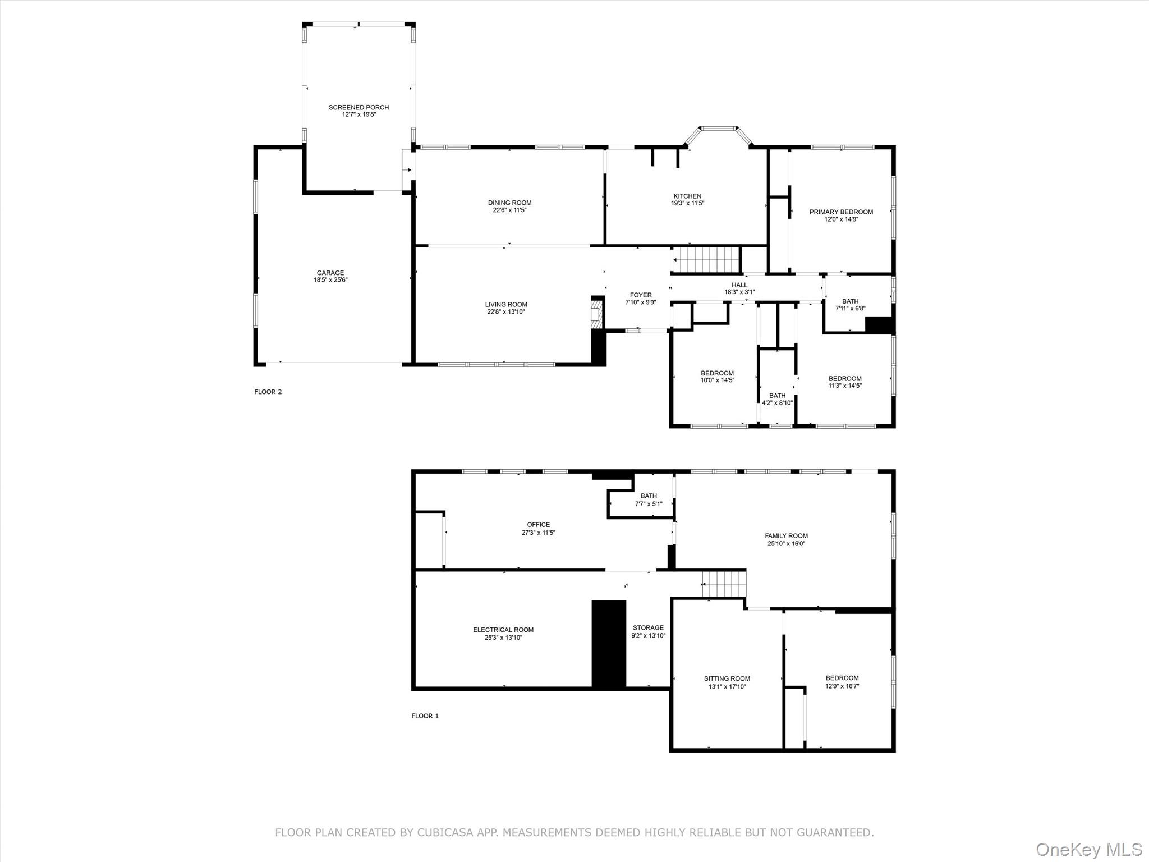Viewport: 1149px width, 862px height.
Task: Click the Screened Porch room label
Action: pyautogui.click(x=359, y=107)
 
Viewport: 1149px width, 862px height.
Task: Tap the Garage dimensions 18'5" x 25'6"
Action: pyautogui.click(x=330, y=280)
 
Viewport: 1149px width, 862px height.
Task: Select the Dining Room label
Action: pyautogui.click(x=509, y=203)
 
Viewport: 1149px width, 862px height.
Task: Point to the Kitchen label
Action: pyautogui.click(x=687, y=196)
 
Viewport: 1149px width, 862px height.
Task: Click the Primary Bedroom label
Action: pyautogui.click(x=841, y=212)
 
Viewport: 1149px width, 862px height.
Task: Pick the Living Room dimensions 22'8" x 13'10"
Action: pyautogui.click(x=506, y=312)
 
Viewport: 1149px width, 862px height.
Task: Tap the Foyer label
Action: pyautogui.click(x=641, y=295)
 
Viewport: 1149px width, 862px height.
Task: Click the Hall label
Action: pyautogui.click(x=739, y=285)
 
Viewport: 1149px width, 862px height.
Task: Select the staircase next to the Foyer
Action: pyautogui.click(x=706, y=260)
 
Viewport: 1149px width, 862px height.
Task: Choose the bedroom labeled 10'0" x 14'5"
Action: pyautogui.click(x=717, y=377)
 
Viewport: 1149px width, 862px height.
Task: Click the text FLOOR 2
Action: pyautogui.click(x=268, y=392)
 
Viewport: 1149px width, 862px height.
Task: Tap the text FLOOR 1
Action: pyautogui.click(x=425, y=716)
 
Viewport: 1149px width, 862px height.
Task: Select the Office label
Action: pyautogui.click(x=539, y=525)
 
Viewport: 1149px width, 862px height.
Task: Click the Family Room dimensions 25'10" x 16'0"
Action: pyautogui.click(x=786, y=544)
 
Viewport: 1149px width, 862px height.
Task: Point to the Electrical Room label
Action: pyautogui.click(x=503, y=630)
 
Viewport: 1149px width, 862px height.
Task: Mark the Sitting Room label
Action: pyautogui.click(x=727, y=678)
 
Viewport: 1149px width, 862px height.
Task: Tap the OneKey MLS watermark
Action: pyautogui.click(x=1089, y=849)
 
